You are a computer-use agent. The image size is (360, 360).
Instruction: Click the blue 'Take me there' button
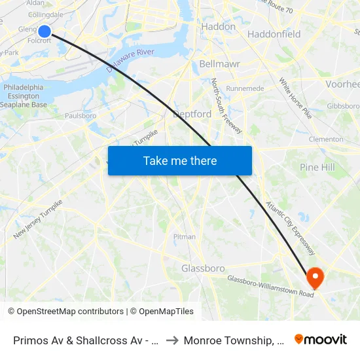[x=180, y=160]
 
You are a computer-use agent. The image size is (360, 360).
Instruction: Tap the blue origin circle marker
[x=45, y=31]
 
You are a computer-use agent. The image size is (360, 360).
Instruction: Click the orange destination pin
[x=315, y=278]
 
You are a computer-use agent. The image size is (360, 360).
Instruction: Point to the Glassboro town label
[x=203, y=268]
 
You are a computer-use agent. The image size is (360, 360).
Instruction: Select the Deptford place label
[x=192, y=114]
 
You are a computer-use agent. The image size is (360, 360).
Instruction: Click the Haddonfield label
[x=274, y=34]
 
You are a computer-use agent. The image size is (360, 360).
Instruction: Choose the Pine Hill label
[x=317, y=168]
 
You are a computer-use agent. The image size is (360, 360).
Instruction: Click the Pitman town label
[x=185, y=237]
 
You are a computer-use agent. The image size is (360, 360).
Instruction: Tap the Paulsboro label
[x=81, y=116]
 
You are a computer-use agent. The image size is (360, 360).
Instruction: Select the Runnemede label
[x=245, y=88]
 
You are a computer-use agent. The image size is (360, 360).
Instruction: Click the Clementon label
[x=326, y=139]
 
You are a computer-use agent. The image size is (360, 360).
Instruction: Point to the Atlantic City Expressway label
[x=290, y=228]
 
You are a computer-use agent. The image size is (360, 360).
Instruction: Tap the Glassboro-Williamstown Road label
[x=270, y=287]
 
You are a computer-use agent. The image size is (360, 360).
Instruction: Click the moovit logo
[x=321, y=339]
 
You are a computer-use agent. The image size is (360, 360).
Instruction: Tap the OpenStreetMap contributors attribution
[x=65, y=312]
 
